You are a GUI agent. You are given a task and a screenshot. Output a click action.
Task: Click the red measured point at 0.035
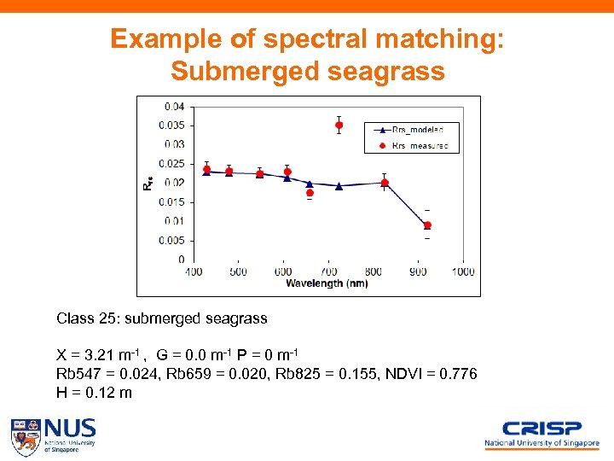click(339, 125)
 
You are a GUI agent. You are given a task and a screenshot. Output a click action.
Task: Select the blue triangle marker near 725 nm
click(339, 185)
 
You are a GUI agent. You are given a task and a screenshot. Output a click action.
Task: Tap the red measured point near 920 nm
click(427, 225)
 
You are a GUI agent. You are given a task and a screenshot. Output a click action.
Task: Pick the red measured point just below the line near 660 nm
click(310, 193)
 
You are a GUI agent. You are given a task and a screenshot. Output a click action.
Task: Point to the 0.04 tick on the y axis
click(175, 107)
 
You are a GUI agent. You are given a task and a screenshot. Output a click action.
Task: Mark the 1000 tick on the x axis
click(463, 271)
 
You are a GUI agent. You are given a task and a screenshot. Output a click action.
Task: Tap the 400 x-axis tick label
click(194, 271)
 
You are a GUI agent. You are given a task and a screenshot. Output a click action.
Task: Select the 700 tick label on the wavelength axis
click(328, 271)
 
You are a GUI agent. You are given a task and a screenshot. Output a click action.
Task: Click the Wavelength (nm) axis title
click(327, 283)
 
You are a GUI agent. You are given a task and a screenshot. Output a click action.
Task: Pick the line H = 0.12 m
click(94, 393)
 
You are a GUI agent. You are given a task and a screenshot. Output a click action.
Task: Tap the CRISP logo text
click(542, 429)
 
